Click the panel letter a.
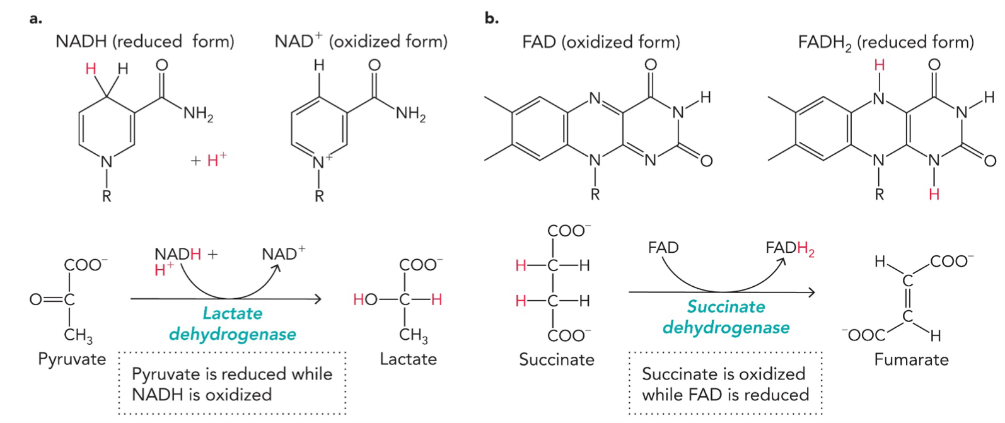(x=36, y=18)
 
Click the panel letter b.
(x=491, y=18)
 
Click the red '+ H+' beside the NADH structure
(x=209, y=160)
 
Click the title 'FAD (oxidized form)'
(x=601, y=42)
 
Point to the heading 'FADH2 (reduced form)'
(x=885, y=42)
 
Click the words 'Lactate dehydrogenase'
(x=233, y=323)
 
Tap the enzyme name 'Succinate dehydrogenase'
(x=726, y=317)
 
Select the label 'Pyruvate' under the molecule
(x=72, y=359)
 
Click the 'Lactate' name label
(x=408, y=359)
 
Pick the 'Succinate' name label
(x=556, y=360)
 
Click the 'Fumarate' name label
(x=911, y=360)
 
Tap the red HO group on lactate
(x=366, y=300)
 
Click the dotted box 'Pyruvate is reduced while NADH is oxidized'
(x=232, y=384)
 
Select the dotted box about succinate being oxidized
(x=725, y=384)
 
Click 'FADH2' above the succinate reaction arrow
(x=789, y=248)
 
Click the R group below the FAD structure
(x=595, y=195)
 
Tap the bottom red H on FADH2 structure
(x=934, y=194)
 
